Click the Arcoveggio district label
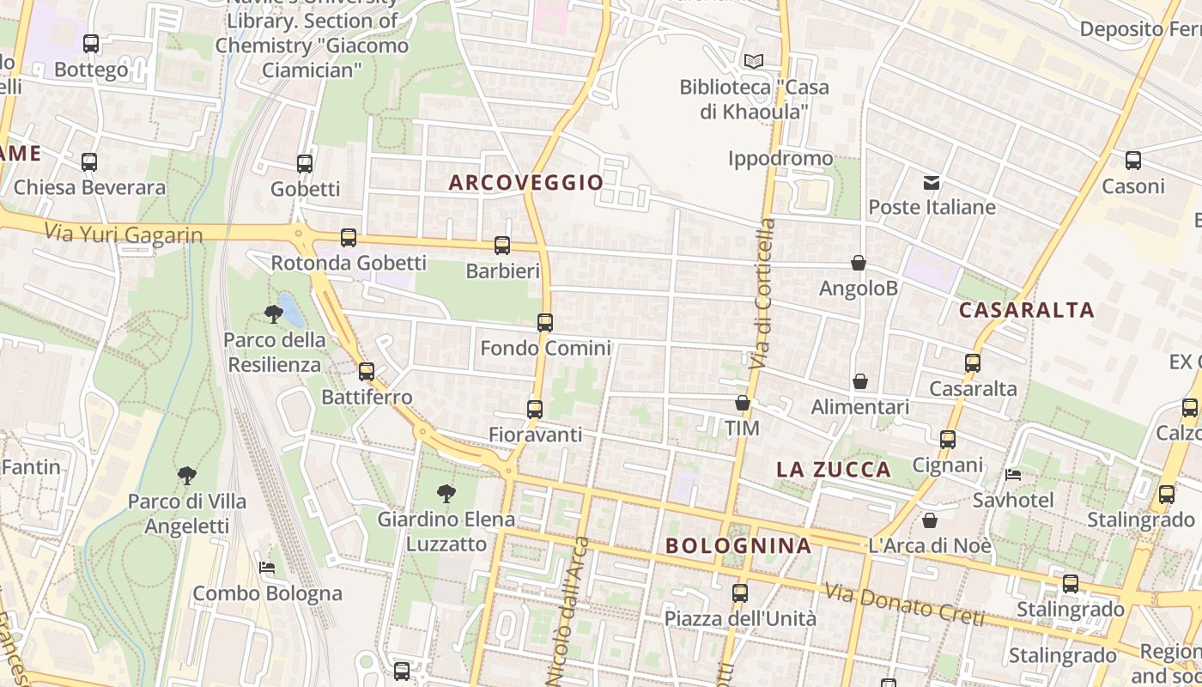(526, 182)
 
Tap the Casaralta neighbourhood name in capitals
(1026, 310)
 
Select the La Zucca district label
(834, 469)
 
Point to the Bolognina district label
(738, 545)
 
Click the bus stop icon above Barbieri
(502, 246)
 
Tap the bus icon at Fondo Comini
(545, 323)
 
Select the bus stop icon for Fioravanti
(535, 409)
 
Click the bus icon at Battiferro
(367, 372)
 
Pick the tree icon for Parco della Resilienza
(274, 314)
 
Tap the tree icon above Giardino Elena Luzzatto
(446, 494)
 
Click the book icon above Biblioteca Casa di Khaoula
(754, 61)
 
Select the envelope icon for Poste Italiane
(932, 182)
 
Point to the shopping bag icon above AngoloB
(858, 263)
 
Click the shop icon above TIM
(743, 403)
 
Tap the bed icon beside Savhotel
(1013, 475)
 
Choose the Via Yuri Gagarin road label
(123, 234)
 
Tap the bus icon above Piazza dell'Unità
(739, 593)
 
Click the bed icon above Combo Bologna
(267, 568)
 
